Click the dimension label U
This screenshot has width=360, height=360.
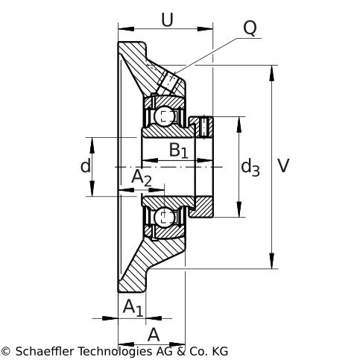pyautogui.click(x=167, y=20)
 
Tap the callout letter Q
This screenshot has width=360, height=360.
pyautogui.click(x=250, y=28)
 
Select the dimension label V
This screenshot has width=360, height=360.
pyautogui.click(x=283, y=165)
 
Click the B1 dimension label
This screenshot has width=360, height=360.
pyautogui.click(x=178, y=151)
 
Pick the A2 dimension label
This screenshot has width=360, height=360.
pyautogui.click(x=141, y=178)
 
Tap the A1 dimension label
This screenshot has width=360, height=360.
pyautogui.click(x=133, y=308)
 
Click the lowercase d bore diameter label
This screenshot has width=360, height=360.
pyautogui.click(x=86, y=165)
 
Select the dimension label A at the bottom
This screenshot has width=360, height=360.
pyautogui.click(x=154, y=335)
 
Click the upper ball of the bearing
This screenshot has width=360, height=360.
pyautogui.click(x=164, y=115)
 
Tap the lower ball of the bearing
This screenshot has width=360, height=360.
pyautogui.click(x=164, y=218)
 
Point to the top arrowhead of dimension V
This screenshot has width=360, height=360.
pyautogui.click(x=272, y=73)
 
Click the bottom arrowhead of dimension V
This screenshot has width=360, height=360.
pyautogui.click(x=272, y=261)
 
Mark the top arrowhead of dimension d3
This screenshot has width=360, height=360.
pyautogui.click(x=239, y=124)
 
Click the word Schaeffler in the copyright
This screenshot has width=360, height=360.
pyautogui.click(x=45, y=351)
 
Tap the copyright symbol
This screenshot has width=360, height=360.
pyautogui.click(x=5, y=352)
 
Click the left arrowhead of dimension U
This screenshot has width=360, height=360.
pyautogui.click(x=126, y=29)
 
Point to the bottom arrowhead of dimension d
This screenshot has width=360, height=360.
pyautogui.click(x=92, y=189)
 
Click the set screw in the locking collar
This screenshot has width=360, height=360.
pyautogui.click(x=203, y=127)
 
